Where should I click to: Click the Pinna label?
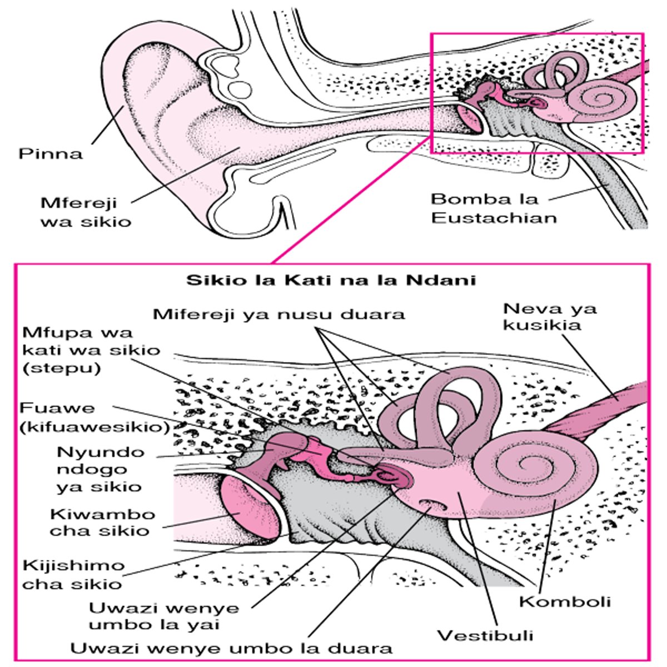click(50, 153)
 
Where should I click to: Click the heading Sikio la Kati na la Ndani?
click(331, 279)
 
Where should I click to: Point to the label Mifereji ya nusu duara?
click(279, 314)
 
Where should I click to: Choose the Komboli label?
click(565, 601)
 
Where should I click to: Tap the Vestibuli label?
click(485, 635)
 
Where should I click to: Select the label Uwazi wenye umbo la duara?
click(232, 648)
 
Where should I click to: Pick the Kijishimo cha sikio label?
click(73, 575)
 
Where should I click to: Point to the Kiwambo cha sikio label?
click(102, 522)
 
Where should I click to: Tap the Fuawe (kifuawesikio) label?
click(94, 417)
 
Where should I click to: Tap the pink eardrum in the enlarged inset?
click(245, 507)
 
